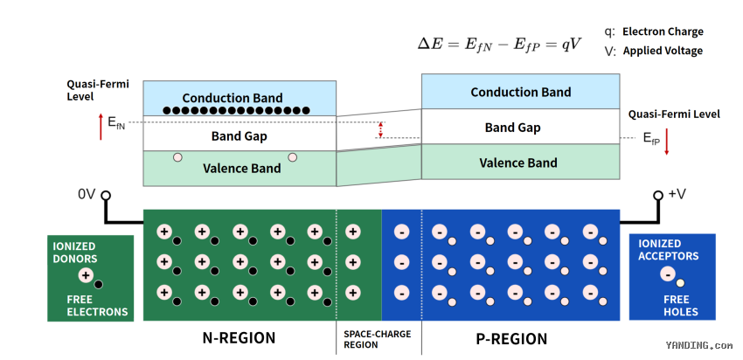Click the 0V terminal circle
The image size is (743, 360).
106,195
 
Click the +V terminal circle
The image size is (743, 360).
657,195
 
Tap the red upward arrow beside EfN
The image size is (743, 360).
101,127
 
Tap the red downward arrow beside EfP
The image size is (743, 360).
666,142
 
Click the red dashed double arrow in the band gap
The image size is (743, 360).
380,130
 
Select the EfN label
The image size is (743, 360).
116,122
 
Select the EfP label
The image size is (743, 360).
651,138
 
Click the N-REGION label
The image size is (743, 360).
239,338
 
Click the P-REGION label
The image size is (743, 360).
511,339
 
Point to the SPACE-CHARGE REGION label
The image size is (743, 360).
378,339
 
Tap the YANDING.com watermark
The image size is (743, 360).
699,346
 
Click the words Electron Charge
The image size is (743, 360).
663,31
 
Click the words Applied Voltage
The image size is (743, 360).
663,51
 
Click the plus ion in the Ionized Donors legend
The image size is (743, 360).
87,274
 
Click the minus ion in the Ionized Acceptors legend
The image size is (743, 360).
668,273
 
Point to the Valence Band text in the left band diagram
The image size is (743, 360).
241,169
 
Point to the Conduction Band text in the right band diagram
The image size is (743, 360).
520,92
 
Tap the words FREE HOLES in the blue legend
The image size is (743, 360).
677,306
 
